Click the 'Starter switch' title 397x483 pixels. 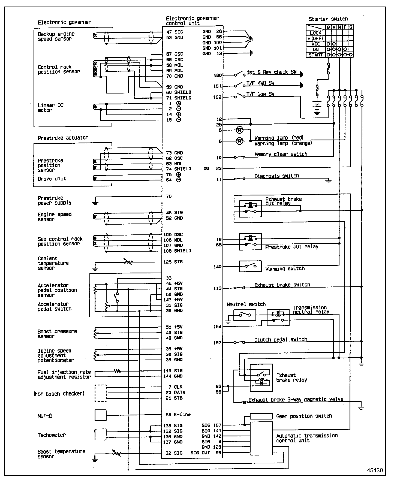click(328, 19)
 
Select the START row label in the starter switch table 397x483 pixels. click(315, 55)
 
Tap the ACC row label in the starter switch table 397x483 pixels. click(315, 44)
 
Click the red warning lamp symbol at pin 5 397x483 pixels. click(239, 130)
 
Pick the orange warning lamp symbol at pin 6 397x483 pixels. click(239, 141)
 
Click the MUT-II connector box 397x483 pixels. click(100, 415)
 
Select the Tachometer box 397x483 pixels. click(100, 434)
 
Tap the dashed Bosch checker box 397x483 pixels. click(100, 393)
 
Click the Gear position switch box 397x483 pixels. click(261, 416)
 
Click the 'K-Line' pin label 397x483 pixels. click(182, 415)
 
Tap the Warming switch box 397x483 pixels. click(250, 266)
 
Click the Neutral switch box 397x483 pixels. click(245, 315)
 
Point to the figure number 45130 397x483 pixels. click(375, 470)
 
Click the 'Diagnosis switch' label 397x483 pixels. click(276, 176)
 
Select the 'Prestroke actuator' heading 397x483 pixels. click(63, 138)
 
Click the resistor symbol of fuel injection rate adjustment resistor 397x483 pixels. click(117, 371)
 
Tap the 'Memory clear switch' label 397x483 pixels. click(281, 154)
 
